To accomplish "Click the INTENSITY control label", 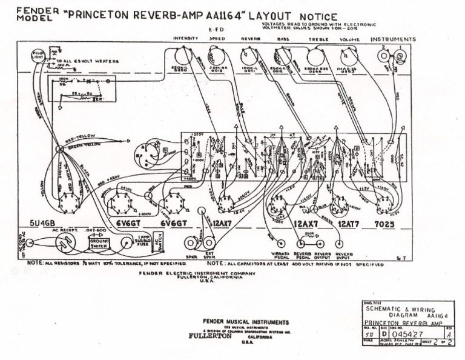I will (x=185, y=39).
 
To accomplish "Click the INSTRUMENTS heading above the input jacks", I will (x=393, y=39).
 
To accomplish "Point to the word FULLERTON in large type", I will (x=210, y=336).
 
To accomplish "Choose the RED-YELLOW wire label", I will (x=77, y=138).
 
